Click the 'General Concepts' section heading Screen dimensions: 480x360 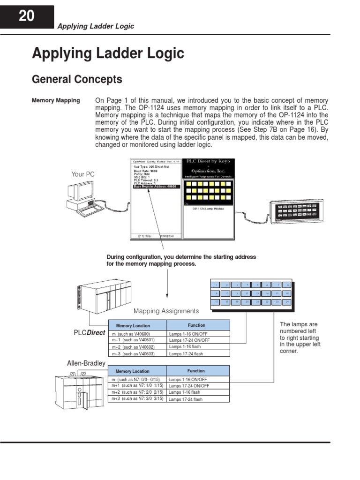tap(77, 80)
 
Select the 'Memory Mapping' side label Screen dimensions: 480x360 tap(56, 100)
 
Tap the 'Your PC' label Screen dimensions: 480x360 tap(83, 174)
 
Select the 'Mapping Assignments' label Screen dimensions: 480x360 tap(166, 311)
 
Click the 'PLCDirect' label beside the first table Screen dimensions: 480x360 tap(89, 332)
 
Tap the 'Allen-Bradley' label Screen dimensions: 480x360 tap(87, 363)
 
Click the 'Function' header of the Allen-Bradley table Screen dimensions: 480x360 tap(196, 370)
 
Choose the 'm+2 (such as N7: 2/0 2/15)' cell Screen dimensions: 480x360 tap(137, 392)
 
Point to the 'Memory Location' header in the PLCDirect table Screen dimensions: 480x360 tap(133, 325)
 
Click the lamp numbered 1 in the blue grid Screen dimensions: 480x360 tap(217, 285)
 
